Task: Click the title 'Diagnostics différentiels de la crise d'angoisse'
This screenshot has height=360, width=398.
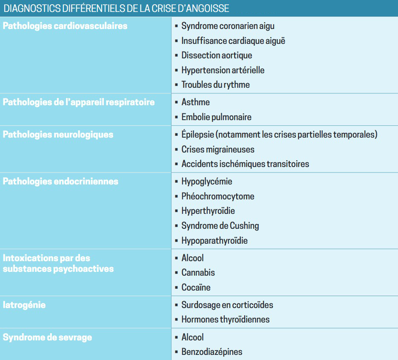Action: pos(116,8)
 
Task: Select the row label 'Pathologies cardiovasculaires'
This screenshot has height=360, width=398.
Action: pos(65,26)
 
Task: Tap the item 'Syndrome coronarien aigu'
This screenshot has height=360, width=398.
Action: pos(228,26)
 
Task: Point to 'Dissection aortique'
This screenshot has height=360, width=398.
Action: pos(217,55)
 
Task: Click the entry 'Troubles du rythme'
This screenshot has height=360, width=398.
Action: pos(215,85)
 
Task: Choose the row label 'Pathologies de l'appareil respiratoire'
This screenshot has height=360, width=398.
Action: pos(79,102)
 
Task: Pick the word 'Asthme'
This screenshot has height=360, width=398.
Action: pos(195,102)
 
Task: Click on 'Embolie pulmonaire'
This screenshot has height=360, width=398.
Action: pos(216,117)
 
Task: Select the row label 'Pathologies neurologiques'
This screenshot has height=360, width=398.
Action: pos(58,135)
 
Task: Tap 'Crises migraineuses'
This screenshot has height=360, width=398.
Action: pos(218,150)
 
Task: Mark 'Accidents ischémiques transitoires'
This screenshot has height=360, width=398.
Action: pos(245,164)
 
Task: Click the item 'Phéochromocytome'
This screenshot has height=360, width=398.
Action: pos(218,196)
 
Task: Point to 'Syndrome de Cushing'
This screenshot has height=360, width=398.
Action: pos(220,226)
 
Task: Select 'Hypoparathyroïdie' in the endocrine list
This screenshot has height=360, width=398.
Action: pos(215,241)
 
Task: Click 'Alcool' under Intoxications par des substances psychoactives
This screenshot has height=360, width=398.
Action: pos(192,258)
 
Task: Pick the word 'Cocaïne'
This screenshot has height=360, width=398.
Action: pos(196,288)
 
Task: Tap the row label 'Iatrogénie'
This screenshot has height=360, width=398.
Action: pos(24,305)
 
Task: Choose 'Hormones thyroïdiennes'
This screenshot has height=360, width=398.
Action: pos(225,320)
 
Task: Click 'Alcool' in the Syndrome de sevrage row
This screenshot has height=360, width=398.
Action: pos(192,337)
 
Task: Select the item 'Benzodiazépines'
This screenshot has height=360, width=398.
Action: pos(212,352)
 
